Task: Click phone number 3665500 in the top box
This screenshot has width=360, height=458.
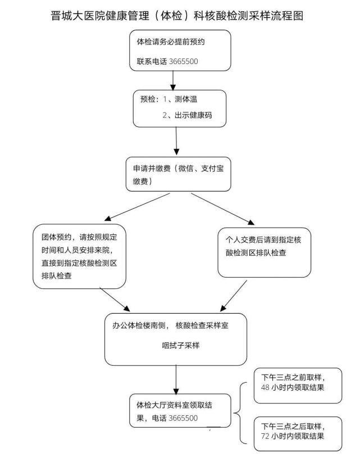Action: point(183,61)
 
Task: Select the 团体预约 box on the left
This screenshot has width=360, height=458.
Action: point(79,256)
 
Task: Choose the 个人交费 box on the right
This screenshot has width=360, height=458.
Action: point(264,247)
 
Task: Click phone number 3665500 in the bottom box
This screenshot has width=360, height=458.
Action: point(183,418)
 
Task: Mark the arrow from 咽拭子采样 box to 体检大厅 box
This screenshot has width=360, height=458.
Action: point(177,379)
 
